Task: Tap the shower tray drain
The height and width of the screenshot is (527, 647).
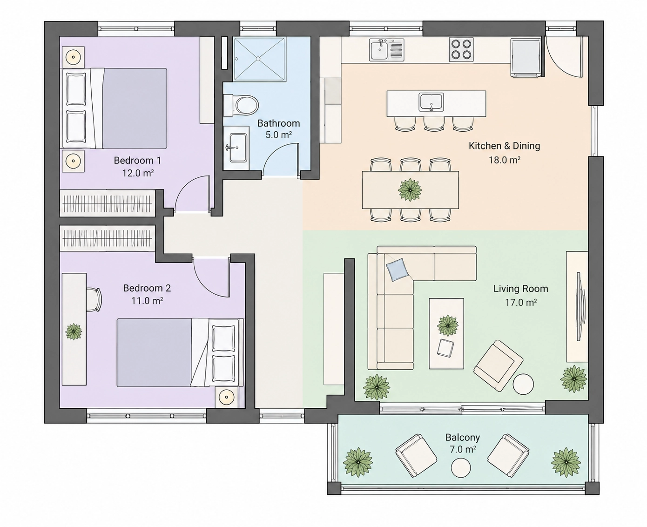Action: click(x=258, y=59)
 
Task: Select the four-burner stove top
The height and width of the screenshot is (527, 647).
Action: click(x=461, y=49)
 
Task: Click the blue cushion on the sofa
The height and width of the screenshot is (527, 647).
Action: click(x=398, y=270)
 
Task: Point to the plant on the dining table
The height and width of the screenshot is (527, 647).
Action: click(x=410, y=190)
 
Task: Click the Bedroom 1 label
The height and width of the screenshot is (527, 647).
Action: click(x=137, y=160)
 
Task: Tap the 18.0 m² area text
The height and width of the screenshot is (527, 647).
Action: click(x=504, y=160)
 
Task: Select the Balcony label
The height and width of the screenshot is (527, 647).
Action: click(x=463, y=438)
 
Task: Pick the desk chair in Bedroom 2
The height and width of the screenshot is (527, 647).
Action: click(x=94, y=299)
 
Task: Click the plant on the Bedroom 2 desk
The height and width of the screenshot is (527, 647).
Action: click(x=74, y=331)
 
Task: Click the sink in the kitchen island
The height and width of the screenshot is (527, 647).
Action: click(x=431, y=102)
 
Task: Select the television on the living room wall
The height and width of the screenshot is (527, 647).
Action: click(x=580, y=307)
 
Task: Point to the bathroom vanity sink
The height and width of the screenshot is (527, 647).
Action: click(x=237, y=148)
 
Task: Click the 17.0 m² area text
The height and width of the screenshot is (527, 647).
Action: click(x=521, y=302)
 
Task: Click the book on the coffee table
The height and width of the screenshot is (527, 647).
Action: click(x=445, y=348)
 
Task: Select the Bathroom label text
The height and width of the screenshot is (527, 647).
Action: click(x=278, y=123)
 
